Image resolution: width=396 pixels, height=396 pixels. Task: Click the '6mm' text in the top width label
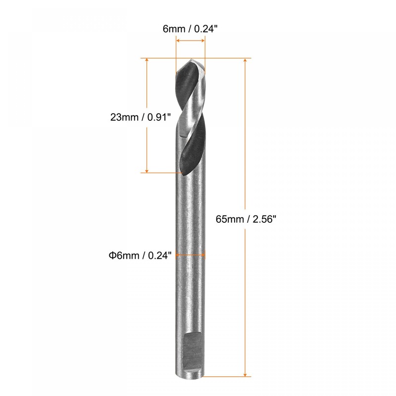tap(173, 29)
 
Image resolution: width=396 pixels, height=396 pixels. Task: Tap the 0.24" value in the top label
tap(206, 29)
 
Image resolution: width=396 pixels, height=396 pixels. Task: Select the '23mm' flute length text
tap(124, 117)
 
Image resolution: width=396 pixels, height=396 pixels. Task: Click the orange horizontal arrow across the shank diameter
tap(191, 255)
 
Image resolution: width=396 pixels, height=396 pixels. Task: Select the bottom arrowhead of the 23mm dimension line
tap(148, 169)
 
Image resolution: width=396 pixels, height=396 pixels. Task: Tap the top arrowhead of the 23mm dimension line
tap(148, 61)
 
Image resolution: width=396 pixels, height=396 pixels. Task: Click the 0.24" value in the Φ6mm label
tap(159, 255)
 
